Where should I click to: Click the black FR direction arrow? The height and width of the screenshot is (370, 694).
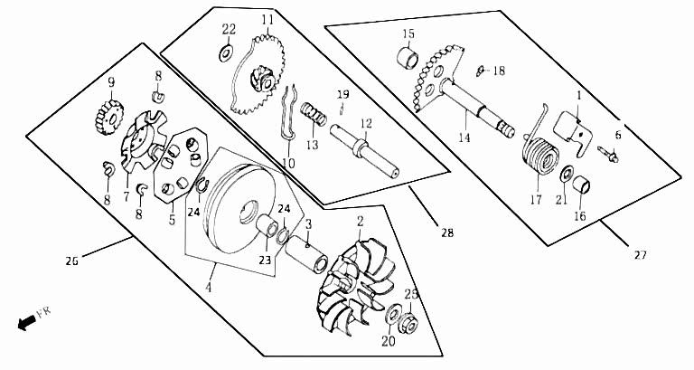point(26,323)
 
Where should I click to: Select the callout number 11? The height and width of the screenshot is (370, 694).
point(267,20)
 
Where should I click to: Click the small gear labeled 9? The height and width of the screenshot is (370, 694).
point(108,117)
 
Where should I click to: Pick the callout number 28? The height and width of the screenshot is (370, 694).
point(447,232)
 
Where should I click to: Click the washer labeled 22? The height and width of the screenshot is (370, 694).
point(226,52)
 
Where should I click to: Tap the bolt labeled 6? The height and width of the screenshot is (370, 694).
point(607,154)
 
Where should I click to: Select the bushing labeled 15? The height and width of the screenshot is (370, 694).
point(408,58)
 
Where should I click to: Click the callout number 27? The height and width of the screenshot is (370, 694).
point(641,255)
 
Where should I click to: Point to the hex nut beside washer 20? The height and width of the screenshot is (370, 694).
point(408,325)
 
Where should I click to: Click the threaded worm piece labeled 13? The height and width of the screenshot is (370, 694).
point(314,114)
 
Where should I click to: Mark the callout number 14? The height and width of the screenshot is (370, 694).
point(464,138)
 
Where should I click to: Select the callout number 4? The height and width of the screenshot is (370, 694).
point(208,287)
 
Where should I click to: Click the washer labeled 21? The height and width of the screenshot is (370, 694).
point(567,174)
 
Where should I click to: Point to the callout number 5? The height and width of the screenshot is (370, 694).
point(172,219)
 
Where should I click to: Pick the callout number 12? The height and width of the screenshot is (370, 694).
point(366,124)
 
